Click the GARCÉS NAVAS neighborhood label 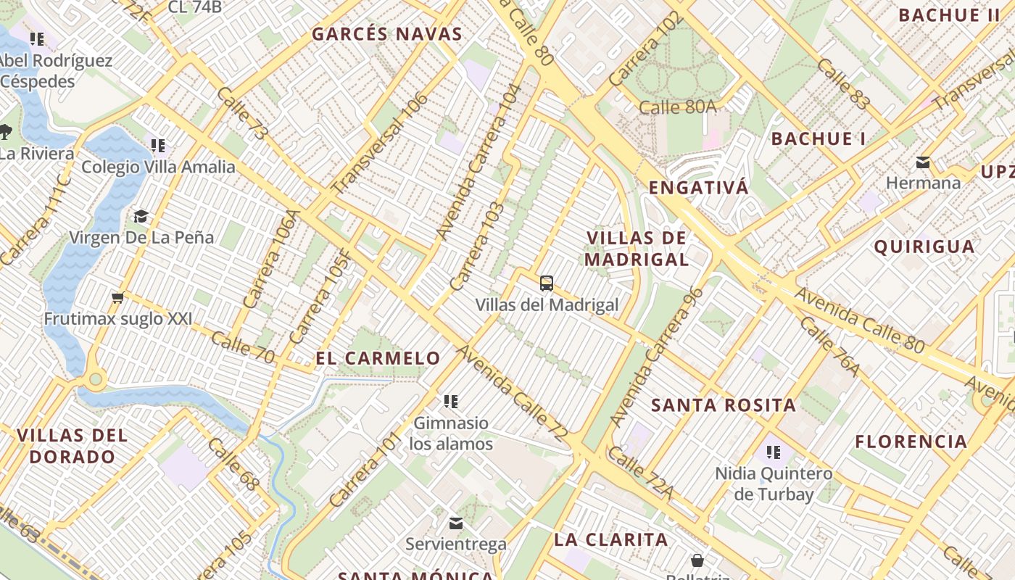tap(386, 34)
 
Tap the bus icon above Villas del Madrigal tap(547, 283)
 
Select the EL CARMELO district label tap(378, 358)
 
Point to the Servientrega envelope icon tap(456, 523)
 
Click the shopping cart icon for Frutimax tap(117, 297)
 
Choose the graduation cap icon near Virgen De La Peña tap(141, 216)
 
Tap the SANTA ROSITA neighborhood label tap(723, 405)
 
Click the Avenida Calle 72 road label tap(510, 392)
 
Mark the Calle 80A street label tap(677, 107)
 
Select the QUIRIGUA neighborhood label tap(924, 246)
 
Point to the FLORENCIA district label tap(911, 442)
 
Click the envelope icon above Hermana tap(923, 162)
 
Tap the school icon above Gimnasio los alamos tap(451, 401)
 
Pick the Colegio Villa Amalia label tap(158, 167)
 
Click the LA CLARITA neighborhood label tap(610, 539)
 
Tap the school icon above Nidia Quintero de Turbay tap(774, 453)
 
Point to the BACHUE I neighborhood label tap(818, 139)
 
